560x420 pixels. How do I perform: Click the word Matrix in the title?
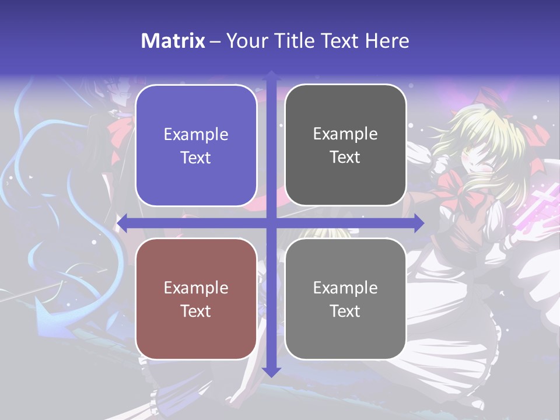(x=173, y=41)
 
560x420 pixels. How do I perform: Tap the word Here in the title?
(x=387, y=41)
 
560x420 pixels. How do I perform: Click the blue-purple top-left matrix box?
(x=196, y=146)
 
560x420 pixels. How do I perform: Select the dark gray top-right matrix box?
(x=345, y=145)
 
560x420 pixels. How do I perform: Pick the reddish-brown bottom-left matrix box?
(x=196, y=299)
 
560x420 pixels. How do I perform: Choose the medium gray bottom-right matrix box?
(x=345, y=299)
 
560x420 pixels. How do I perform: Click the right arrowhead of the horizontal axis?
(x=418, y=223)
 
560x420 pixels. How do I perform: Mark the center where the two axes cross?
(x=271, y=223)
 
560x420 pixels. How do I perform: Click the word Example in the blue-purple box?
(x=196, y=135)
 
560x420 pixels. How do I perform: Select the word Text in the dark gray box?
(x=345, y=157)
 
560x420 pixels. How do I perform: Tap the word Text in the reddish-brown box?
(x=196, y=311)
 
